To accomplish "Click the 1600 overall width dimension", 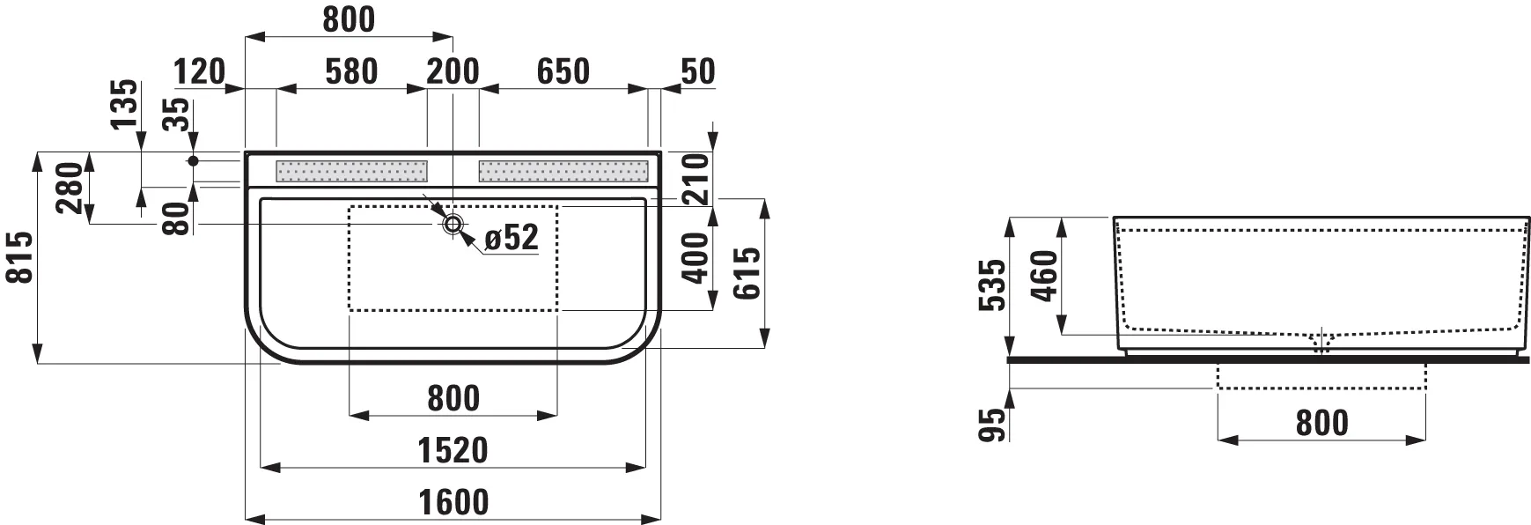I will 454,503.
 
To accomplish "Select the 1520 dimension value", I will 453,451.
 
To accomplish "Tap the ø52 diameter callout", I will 511,237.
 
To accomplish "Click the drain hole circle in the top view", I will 453,224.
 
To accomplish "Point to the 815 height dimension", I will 20,257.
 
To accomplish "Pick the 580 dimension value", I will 352,71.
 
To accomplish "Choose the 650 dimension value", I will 563,71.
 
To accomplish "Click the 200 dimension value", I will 453,71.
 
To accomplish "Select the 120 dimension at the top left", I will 199,71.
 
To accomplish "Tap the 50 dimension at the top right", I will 697,71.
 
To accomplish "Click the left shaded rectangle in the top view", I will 351,171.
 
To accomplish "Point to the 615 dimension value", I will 747,273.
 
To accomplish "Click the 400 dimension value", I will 696,257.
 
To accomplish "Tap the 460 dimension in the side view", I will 1044,276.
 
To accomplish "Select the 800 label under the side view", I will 1321,424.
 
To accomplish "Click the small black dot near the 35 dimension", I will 194,161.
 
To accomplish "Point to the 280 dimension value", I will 70,188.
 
